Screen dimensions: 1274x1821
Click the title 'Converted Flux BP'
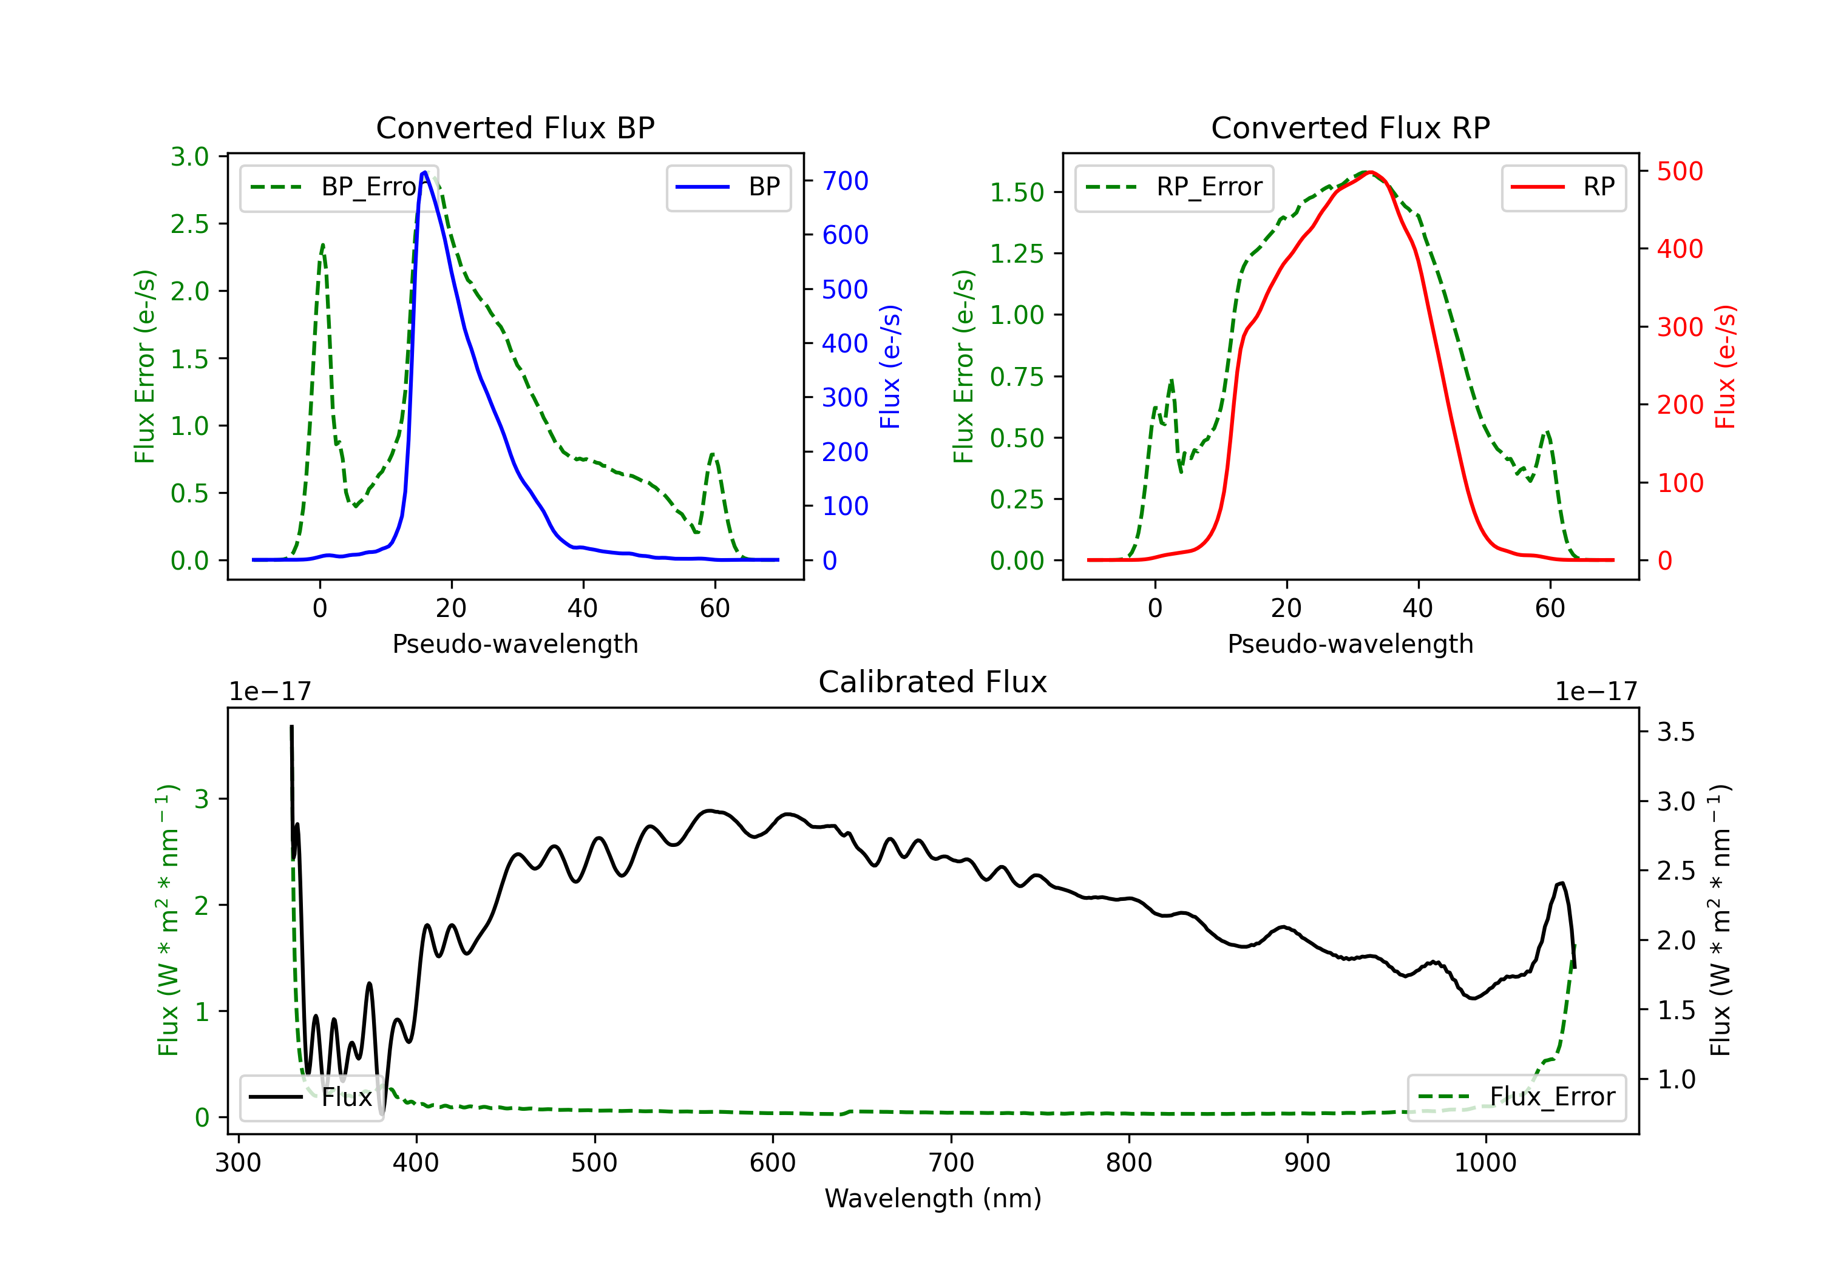[515, 127]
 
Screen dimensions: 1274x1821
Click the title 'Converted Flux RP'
[1350, 127]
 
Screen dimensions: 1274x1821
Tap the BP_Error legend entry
[339, 187]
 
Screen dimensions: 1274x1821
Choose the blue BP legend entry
[728, 187]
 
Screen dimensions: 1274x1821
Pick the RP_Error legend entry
[1174, 187]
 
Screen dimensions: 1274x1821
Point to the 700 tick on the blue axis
[845, 181]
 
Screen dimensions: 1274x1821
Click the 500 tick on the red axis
[1680, 171]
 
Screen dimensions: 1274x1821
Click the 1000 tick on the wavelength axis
[1485, 1163]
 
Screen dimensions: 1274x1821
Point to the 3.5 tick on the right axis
[1676, 732]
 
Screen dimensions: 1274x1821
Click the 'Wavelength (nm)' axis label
[933, 1199]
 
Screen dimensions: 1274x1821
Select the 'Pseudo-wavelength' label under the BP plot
[515, 644]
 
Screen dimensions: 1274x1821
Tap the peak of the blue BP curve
[425, 172]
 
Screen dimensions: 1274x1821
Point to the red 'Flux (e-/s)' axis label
[1726, 366]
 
